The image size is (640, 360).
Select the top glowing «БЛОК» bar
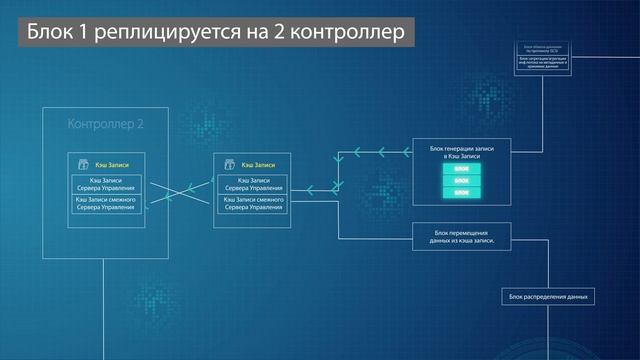tap(461, 168)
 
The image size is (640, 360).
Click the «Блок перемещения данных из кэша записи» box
tap(461, 235)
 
